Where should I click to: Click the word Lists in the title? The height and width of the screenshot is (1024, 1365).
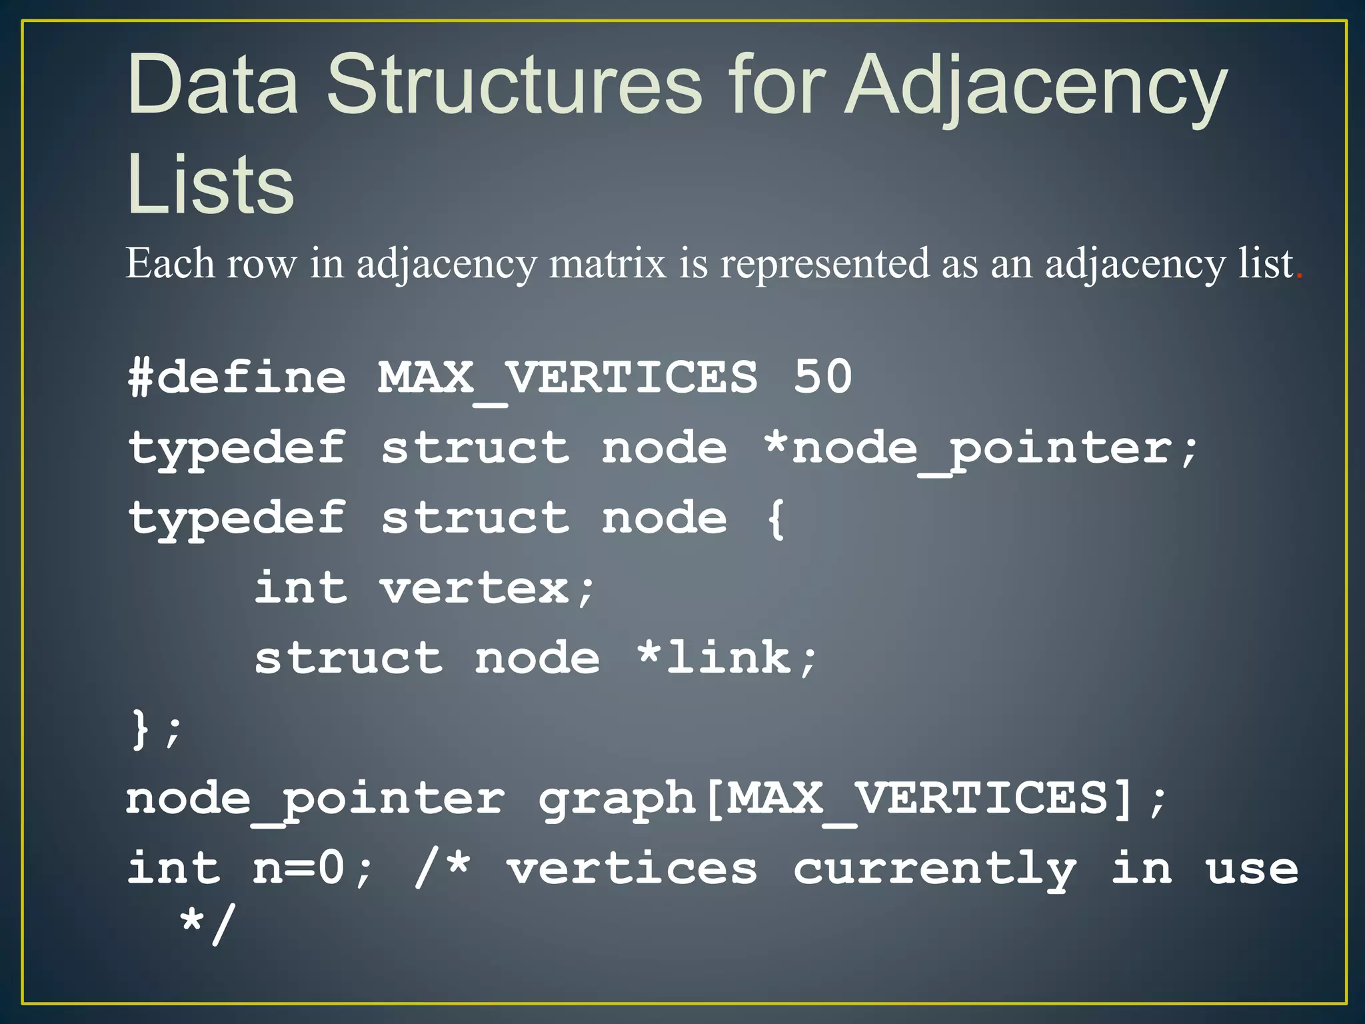pyautogui.click(x=211, y=185)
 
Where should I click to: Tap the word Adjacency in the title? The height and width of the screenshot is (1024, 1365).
pyautogui.click(x=1036, y=87)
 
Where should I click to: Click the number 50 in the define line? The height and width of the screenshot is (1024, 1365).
pyautogui.click(x=822, y=377)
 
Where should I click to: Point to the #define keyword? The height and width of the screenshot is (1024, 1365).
pyautogui.click(x=237, y=377)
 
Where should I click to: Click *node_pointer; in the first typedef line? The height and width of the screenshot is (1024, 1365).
pyautogui.click(x=981, y=448)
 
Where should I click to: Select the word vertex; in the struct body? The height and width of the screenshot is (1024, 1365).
pyautogui.click(x=487, y=589)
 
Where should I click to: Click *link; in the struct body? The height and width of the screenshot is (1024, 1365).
pyautogui.click(x=726, y=659)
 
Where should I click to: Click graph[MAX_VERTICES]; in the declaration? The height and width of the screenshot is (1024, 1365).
pyautogui.click(x=852, y=799)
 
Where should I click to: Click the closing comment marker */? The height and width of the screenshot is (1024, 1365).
pyautogui.click(x=207, y=924)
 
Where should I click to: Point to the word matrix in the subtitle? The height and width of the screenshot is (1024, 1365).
pyautogui.click(x=607, y=264)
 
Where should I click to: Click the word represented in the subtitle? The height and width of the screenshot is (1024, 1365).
pyautogui.click(x=824, y=264)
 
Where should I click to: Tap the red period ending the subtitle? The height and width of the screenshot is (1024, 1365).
pyautogui.click(x=1299, y=275)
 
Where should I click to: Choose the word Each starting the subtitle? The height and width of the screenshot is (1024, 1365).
pyautogui.click(x=170, y=263)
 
